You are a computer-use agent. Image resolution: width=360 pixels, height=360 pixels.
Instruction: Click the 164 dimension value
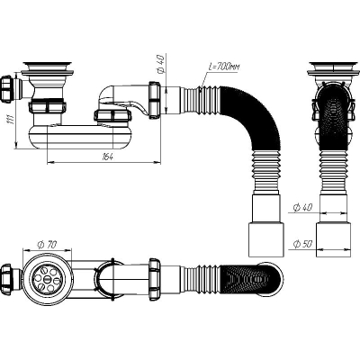[107, 157]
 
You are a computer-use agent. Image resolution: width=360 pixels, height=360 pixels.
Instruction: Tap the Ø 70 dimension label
[47, 245]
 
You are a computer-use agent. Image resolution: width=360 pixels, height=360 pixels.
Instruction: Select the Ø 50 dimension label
[302, 244]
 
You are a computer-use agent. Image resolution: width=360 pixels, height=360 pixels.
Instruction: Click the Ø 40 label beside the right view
[302, 207]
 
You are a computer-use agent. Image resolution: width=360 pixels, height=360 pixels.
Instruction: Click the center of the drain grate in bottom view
[48, 278]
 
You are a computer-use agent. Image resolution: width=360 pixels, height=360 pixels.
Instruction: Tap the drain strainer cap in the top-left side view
[48, 64]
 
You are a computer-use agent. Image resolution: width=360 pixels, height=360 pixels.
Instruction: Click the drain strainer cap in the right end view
[333, 64]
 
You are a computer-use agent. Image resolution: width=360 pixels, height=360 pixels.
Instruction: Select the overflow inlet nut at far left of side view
[6, 89]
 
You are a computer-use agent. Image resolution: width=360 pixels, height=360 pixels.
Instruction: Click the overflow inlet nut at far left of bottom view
[6, 274]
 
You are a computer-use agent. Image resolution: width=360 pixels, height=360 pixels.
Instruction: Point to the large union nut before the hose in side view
[155, 98]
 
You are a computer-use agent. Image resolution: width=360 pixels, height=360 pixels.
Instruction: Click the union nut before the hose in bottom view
[155, 277]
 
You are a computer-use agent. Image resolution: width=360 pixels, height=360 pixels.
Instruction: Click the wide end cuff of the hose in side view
[266, 239]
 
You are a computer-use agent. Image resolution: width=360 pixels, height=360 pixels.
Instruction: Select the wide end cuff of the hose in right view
[333, 239]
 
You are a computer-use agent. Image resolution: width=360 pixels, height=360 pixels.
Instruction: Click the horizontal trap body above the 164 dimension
[80, 137]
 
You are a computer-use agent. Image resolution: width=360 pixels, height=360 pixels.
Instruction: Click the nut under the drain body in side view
[48, 106]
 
